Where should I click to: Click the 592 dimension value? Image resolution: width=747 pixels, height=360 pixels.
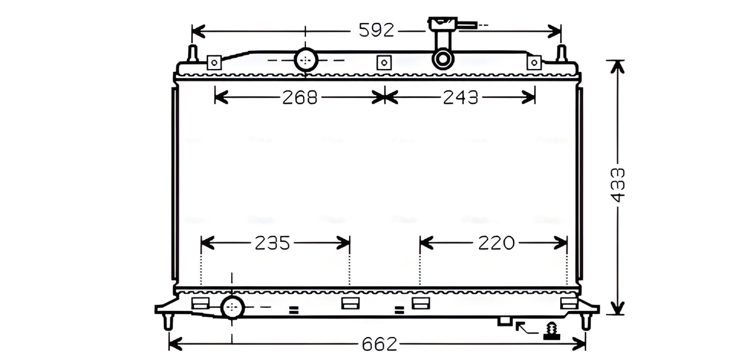(x=376, y=30)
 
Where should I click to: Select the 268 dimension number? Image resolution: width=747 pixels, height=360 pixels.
(x=300, y=97)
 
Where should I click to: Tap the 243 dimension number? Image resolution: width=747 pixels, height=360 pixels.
(x=460, y=97)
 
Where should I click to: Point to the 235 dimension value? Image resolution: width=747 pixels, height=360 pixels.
(x=272, y=243)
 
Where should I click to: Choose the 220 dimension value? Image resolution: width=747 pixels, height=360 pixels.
(x=496, y=243)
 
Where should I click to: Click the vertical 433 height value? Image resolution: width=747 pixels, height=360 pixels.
(x=618, y=185)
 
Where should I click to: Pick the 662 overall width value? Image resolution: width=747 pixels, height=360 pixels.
(x=379, y=344)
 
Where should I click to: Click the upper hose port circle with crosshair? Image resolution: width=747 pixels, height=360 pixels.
(x=306, y=60)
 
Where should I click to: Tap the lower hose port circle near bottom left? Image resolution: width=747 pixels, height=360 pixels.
(x=232, y=307)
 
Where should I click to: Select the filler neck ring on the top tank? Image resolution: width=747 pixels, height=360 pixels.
(x=443, y=59)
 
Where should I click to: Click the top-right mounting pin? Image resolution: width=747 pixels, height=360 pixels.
(x=561, y=53)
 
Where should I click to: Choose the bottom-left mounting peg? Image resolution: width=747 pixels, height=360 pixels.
(x=168, y=321)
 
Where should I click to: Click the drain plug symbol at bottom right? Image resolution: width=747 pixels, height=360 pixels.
(x=551, y=331)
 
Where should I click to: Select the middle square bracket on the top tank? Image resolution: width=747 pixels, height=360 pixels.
(x=384, y=62)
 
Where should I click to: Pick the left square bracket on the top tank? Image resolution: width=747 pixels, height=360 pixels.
(x=214, y=62)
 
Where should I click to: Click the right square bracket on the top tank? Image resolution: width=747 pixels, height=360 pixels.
(x=534, y=62)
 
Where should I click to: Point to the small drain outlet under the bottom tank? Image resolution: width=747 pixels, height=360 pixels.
(x=505, y=321)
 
